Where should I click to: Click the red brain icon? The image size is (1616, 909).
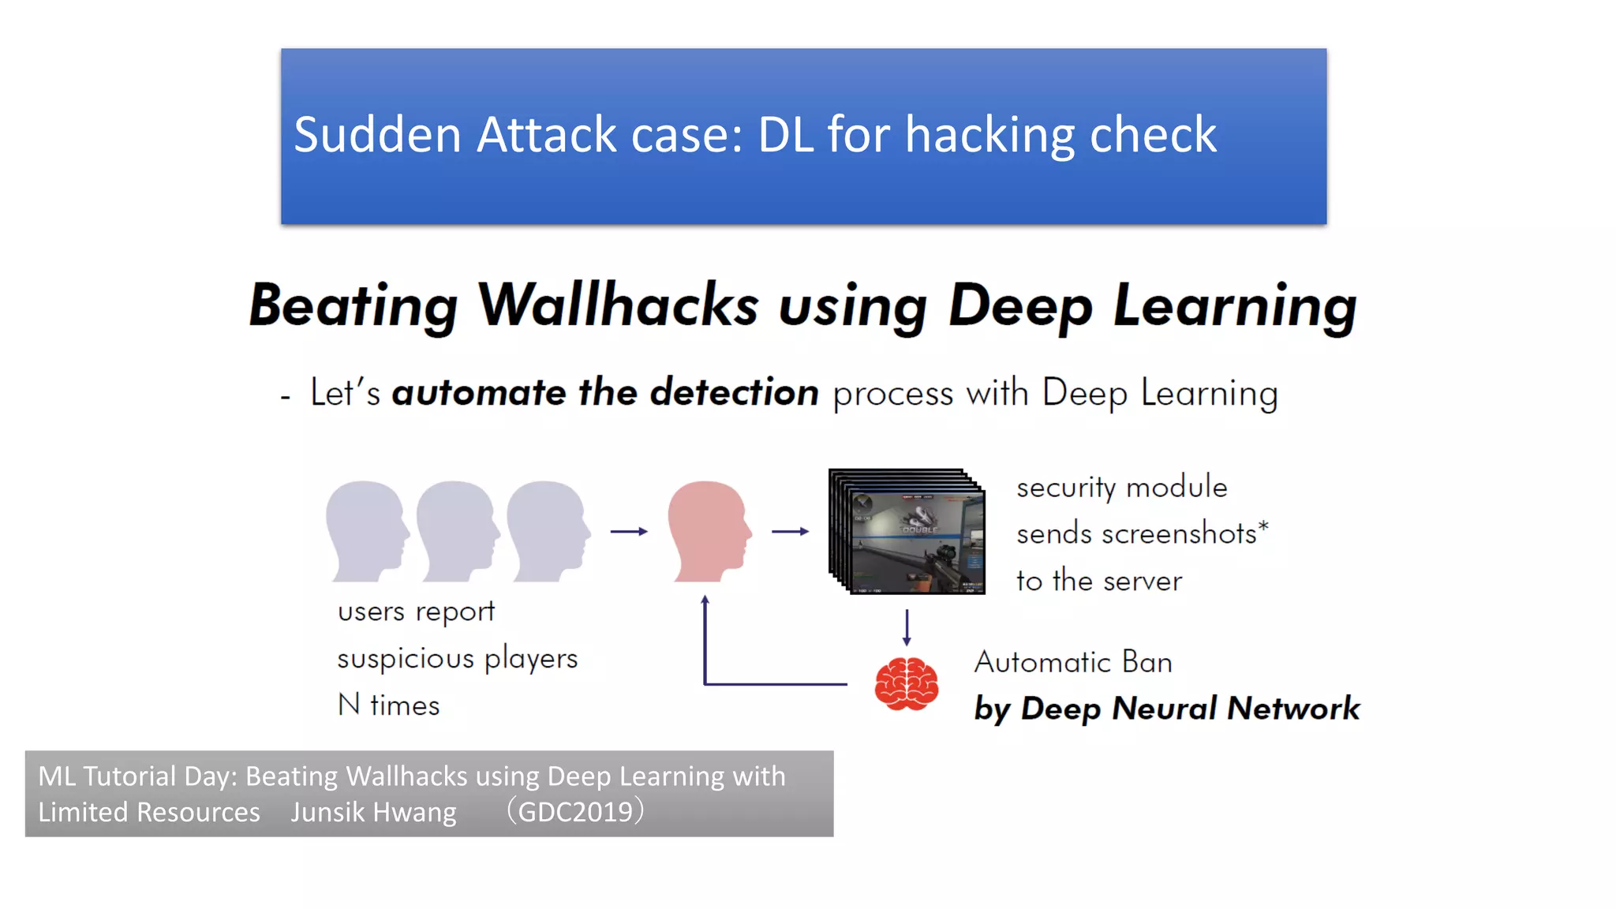click(x=906, y=683)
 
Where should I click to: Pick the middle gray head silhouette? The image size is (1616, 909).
click(x=457, y=530)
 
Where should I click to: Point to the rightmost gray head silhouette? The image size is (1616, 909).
click(x=548, y=530)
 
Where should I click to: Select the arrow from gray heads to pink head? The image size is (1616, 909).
click(x=629, y=532)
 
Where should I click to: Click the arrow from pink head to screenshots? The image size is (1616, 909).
click(x=790, y=532)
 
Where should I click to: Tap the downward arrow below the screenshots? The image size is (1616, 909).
click(x=907, y=627)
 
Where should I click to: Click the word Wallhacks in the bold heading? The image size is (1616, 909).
click(x=618, y=305)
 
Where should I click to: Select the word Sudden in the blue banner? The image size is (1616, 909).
click(x=377, y=134)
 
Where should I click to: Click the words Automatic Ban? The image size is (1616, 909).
click(x=1073, y=662)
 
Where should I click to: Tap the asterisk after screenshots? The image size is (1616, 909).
click(x=1263, y=525)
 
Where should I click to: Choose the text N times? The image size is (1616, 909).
click(x=388, y=705)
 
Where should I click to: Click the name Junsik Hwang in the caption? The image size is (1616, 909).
click(x=373, y=812)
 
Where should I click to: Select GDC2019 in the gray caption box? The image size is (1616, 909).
click(x=575, y=812)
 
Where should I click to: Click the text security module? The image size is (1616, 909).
click(x=1121, y=488)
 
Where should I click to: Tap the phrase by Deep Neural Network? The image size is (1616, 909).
click(x=1166, y=709)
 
